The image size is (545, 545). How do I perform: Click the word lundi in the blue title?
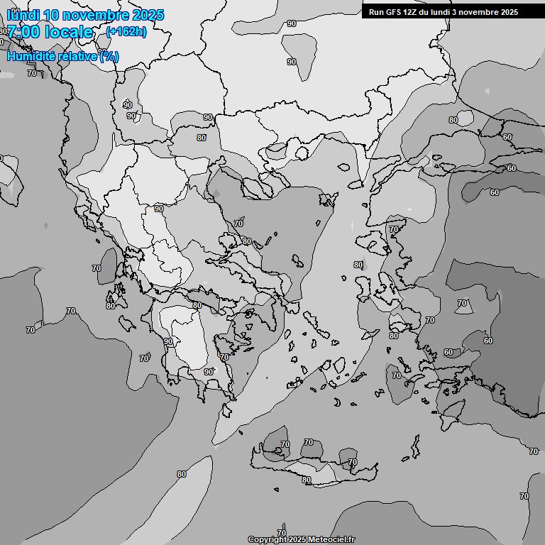pyautogui.click(x=23, y=15)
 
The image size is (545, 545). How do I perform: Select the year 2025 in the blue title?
pyautogui.click(x=148, y=15)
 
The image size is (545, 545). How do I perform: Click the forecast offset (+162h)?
pyautogui.click(x=126, y=32)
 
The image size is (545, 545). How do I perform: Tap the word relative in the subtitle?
pyautogui.click(x=79, y=56)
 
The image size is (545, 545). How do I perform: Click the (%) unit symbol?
pyautogui.click(x=109, y=56)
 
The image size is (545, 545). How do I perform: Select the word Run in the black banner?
pyautogui.click(x=375, y=11)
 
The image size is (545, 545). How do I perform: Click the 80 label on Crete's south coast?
pyautogui.click(x=306, y=480)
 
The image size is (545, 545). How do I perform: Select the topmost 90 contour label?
pyautogui.click(x=291, y=23)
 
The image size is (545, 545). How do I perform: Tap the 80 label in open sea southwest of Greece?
pyautogui.click(x=182, y=474)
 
